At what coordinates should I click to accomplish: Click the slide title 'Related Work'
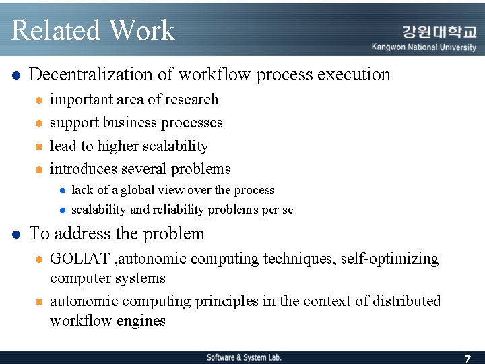(93, 30)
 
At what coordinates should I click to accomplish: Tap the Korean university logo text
(439, 32)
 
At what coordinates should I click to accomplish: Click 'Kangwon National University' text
(424, 47)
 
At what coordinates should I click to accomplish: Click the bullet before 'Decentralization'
(16, 75)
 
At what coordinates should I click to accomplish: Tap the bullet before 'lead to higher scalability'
(39, 146)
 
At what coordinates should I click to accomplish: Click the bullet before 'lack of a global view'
(61, 191)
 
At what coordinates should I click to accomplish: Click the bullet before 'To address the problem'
(16, 235)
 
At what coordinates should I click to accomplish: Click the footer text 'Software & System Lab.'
(244, 357)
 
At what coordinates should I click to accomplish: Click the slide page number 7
(467, 358)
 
